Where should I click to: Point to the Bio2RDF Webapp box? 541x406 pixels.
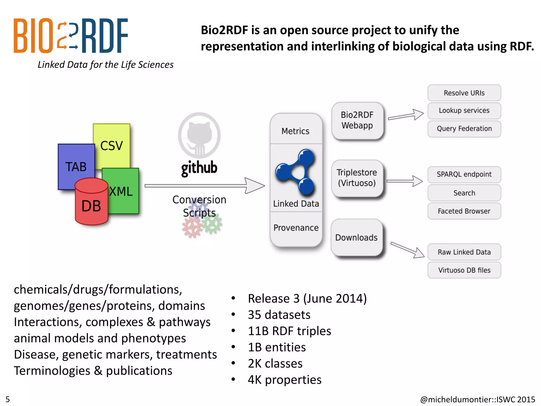[357, 121]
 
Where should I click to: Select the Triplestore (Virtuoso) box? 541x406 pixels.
[357, 178]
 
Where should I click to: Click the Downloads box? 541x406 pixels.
[357, 237]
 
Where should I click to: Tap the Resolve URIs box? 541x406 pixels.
[464, 93]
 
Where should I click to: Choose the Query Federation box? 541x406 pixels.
[464, 129]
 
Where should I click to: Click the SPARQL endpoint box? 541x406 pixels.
[464, 174]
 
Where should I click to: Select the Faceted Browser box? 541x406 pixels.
[464, 211]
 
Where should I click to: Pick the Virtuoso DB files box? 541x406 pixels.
[464, 270]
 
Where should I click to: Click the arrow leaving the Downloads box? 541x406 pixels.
[407, 250]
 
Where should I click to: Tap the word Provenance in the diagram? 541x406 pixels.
[296, 228]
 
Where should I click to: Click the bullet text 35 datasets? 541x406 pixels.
[279, 315]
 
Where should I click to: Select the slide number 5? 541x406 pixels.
[8, 399]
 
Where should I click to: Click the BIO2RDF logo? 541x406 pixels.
[71, 36]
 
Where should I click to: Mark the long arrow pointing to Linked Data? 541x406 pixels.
[204, 186]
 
